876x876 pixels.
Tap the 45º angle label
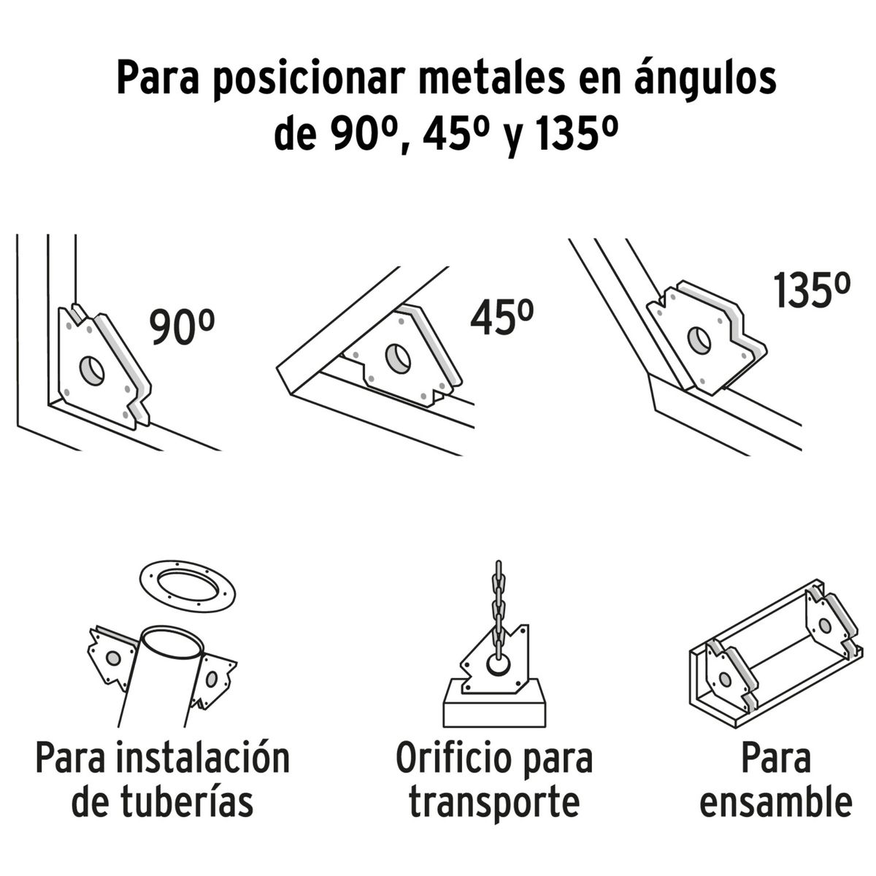pos(502,318)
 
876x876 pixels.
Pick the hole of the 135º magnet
pos(699,339)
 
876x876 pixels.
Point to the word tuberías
pos(162,801)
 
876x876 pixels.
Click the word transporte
pos(494,801)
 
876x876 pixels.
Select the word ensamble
pos(775,801)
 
